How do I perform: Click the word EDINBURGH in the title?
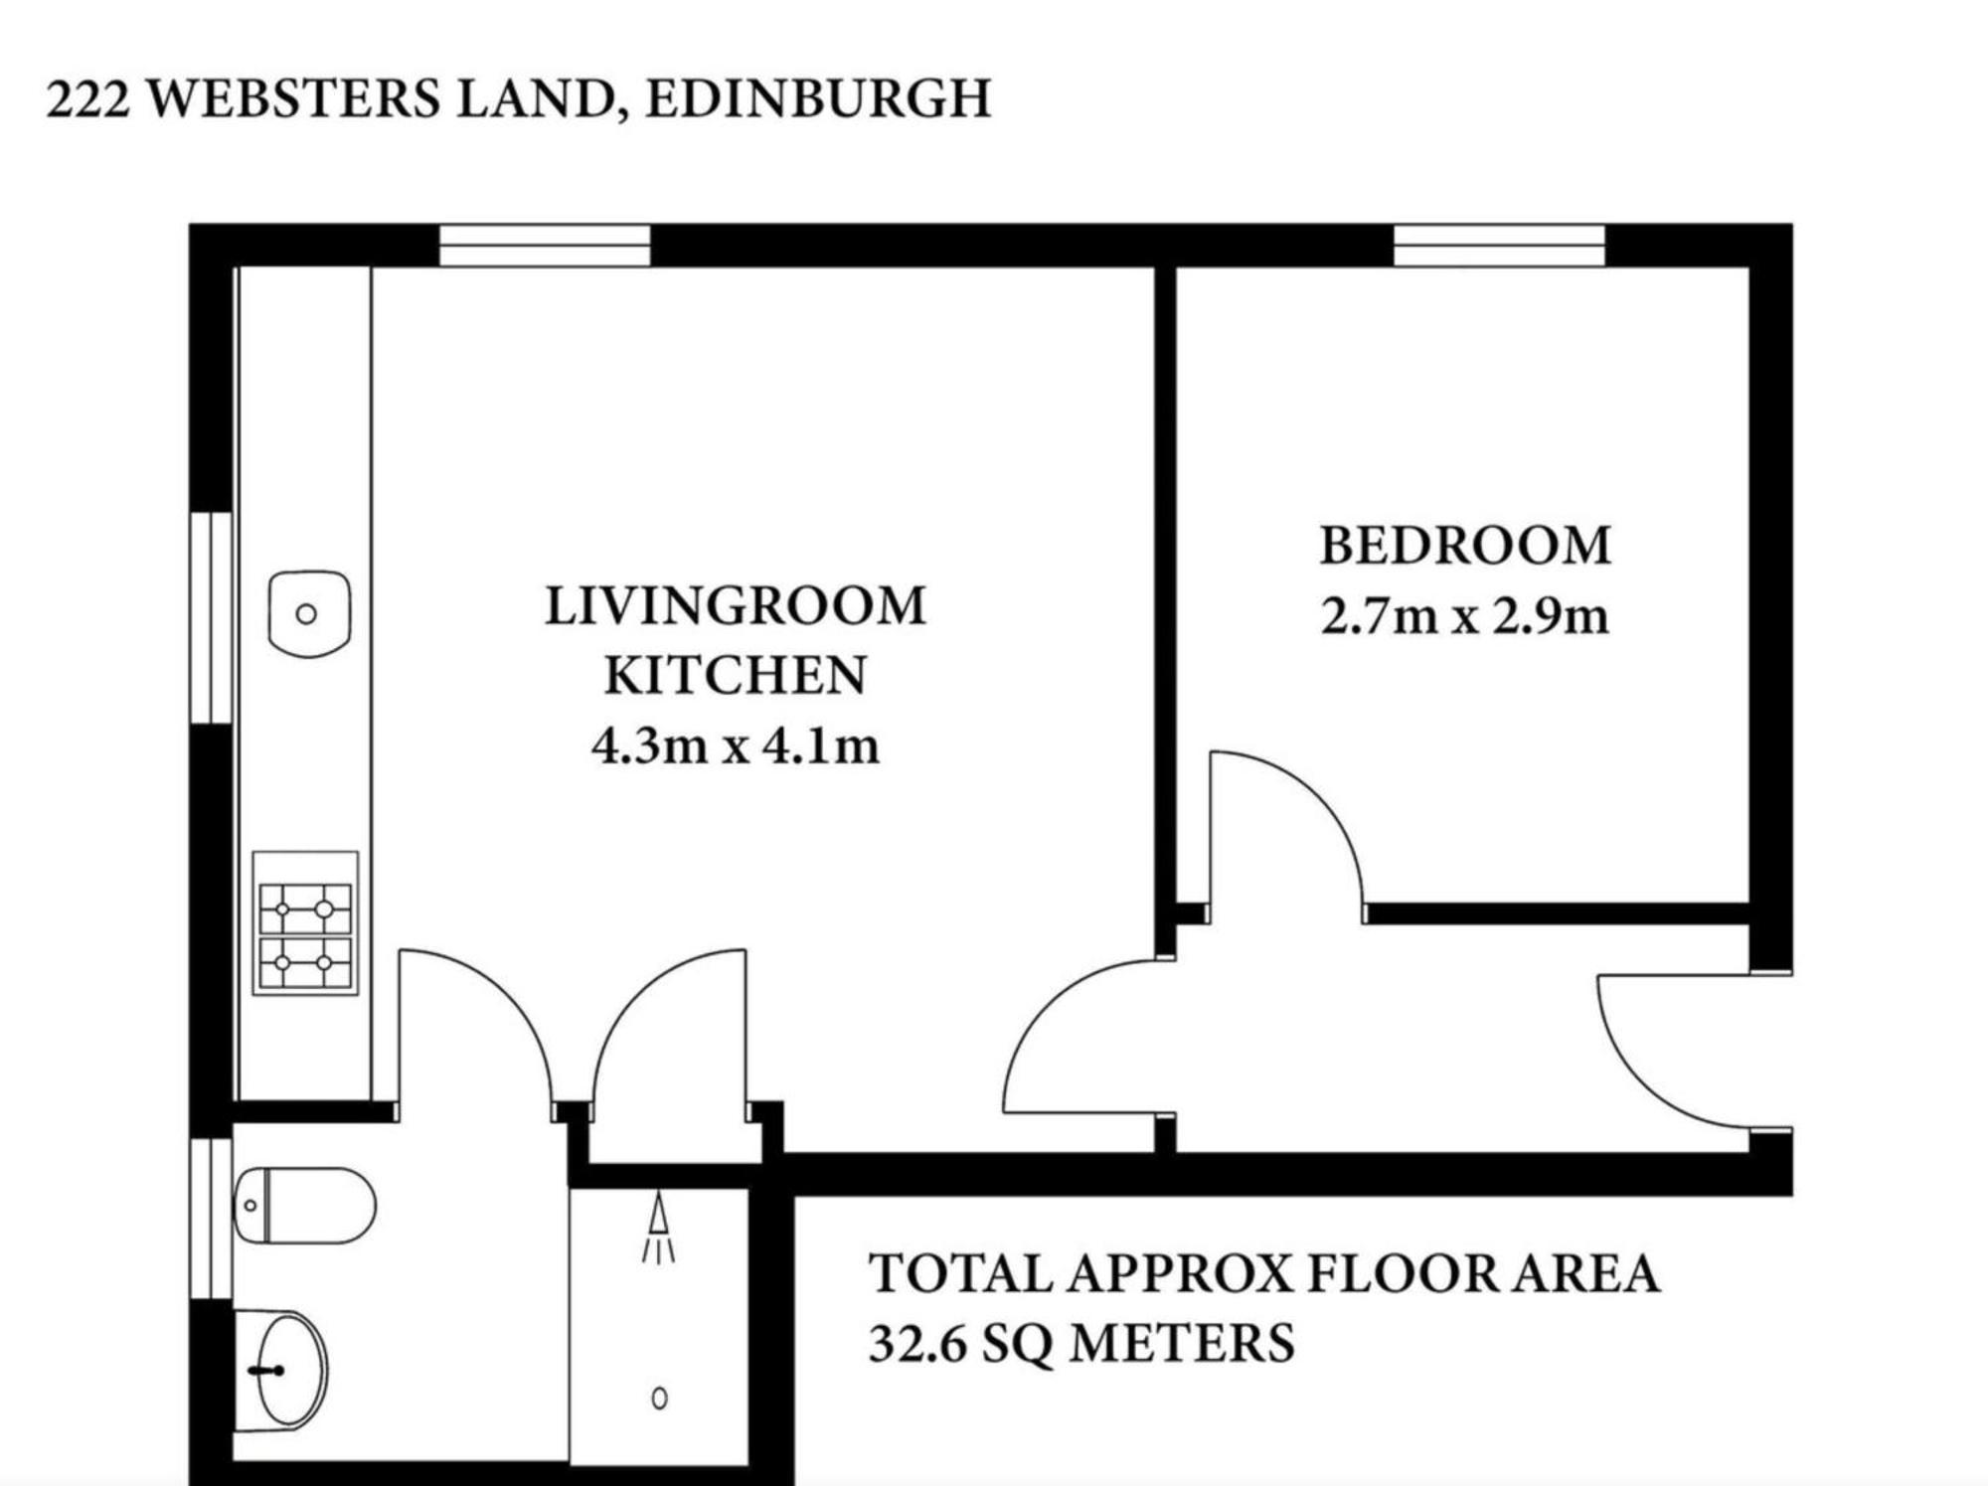pos(818,99)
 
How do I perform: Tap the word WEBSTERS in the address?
pos(293,99)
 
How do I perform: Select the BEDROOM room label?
pos(1465,546)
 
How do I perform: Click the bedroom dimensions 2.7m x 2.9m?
pos(1464,616)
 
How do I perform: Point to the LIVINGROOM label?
pos(736,606)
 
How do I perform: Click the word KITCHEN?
pos(736,676)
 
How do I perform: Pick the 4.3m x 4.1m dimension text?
pos(736,745)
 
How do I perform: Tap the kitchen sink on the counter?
pos(309,613)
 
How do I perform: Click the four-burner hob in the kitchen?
pos(305,923)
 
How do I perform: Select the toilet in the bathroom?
pos(304,1206)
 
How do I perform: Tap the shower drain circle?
pos(659,1399)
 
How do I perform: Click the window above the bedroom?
pos(1499,246)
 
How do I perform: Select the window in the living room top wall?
pos(545,246)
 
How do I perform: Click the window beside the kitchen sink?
pos(211,618)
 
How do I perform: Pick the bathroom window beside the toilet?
pos(211,1219)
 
